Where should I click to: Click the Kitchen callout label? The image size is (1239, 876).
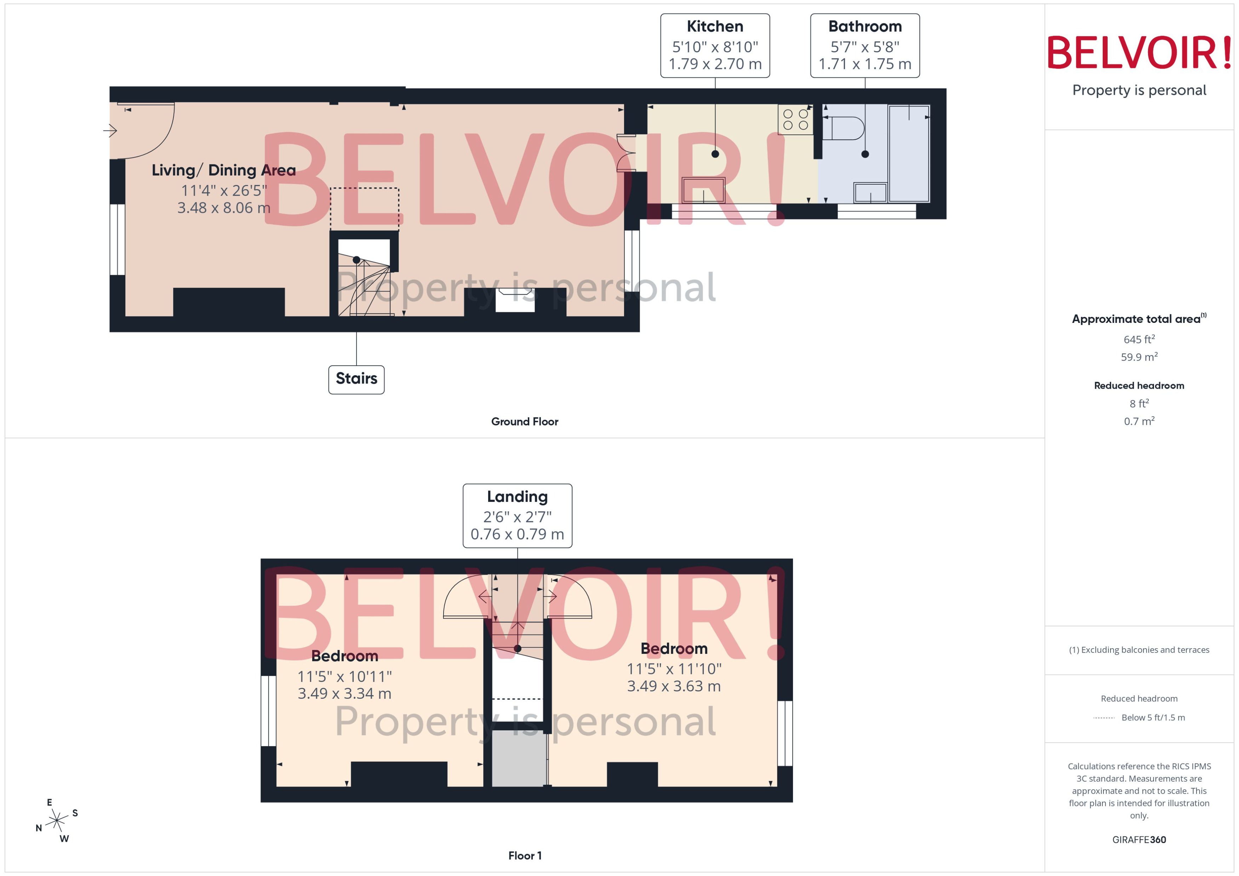click(x=715, y=27)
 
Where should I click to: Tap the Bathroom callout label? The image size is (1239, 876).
click(x=865, y=27)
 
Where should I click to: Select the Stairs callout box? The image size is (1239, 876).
click(x=356, y=379)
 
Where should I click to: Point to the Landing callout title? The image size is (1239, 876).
click(x=517, y=496)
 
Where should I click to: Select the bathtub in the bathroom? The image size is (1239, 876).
click(x=909, y=154)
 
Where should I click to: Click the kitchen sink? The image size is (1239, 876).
click(x=703, y=190)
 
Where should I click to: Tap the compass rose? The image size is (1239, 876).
click(x=57, y=821)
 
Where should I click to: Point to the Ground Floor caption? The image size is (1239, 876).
click(x=524, y=422)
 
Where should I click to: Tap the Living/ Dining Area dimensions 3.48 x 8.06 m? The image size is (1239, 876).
click(x=223, y=208)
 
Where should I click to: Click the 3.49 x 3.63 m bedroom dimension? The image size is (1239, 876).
click(x=673, y=686)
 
